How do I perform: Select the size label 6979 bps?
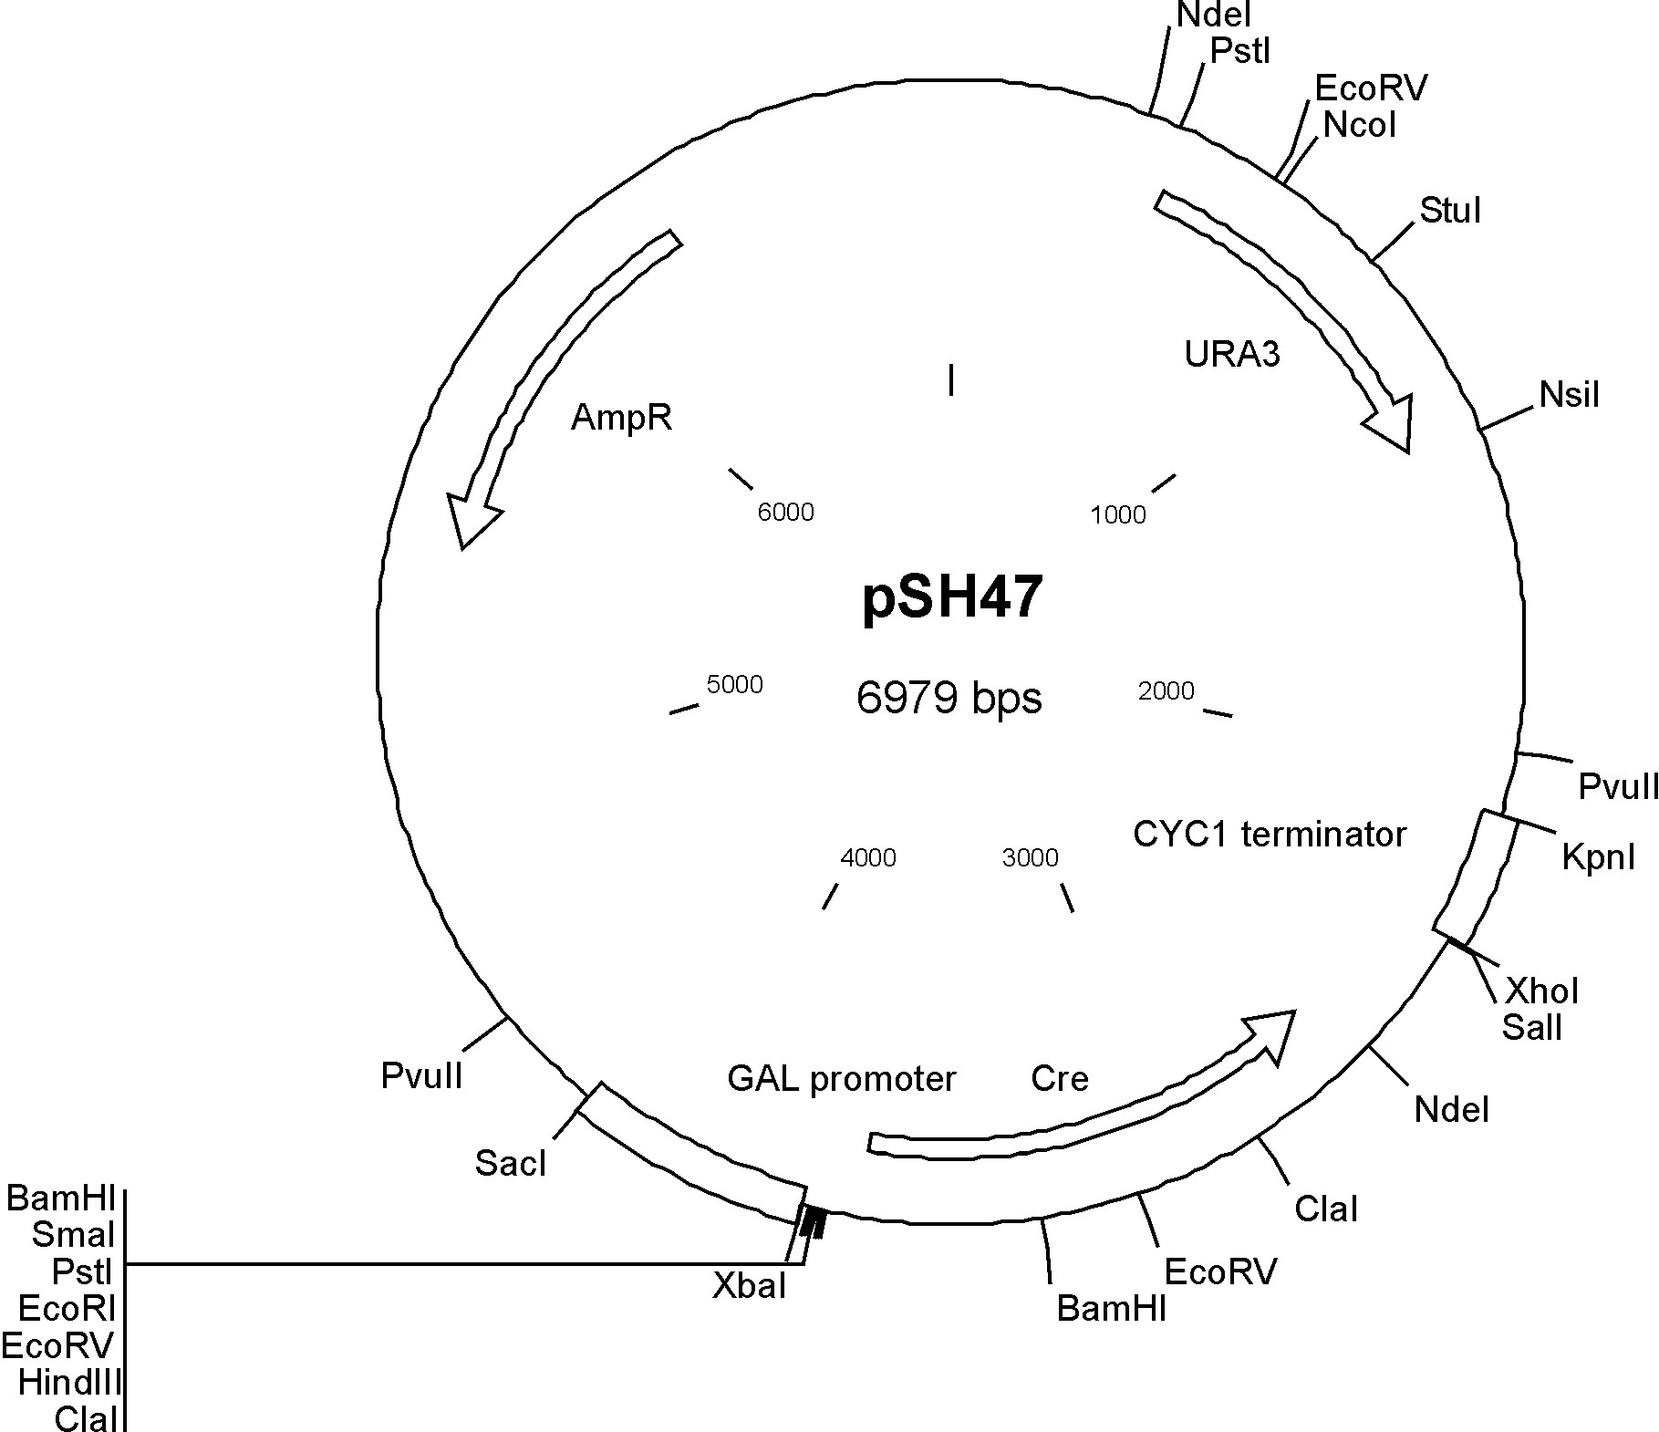pos(949,698)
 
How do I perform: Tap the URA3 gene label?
pos(1232,353)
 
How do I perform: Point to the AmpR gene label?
pos(621,418)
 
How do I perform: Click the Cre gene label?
pos(1060,1078)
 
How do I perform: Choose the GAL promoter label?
pos(841,1079)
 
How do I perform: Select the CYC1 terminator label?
pos(1270,834)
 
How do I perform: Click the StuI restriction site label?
pos(1450,211)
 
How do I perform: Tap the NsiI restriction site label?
pos(1570,395)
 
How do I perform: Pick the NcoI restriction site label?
pos(1360,125)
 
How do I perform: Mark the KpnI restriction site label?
pos(1599,856)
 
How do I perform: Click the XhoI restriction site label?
pos(1542,991)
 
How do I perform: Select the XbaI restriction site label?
pos(749,1285)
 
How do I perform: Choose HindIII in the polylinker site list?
pos(69,1383)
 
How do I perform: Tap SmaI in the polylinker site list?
pos(73,1235)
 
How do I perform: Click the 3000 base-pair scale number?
pos(1030,857)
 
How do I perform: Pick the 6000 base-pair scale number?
pos(785,512)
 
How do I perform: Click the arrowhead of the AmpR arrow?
pos(469,518)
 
